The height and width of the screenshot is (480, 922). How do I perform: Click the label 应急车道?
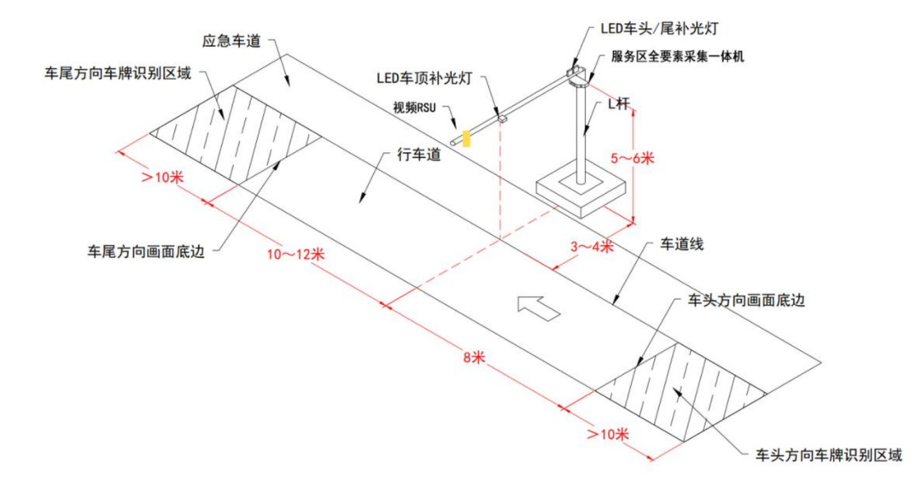point(230,40)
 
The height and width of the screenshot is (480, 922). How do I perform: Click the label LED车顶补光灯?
point(425,78)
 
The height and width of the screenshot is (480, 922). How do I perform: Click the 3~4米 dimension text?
point(592,247)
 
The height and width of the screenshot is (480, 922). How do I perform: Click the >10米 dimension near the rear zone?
point(163,177)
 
